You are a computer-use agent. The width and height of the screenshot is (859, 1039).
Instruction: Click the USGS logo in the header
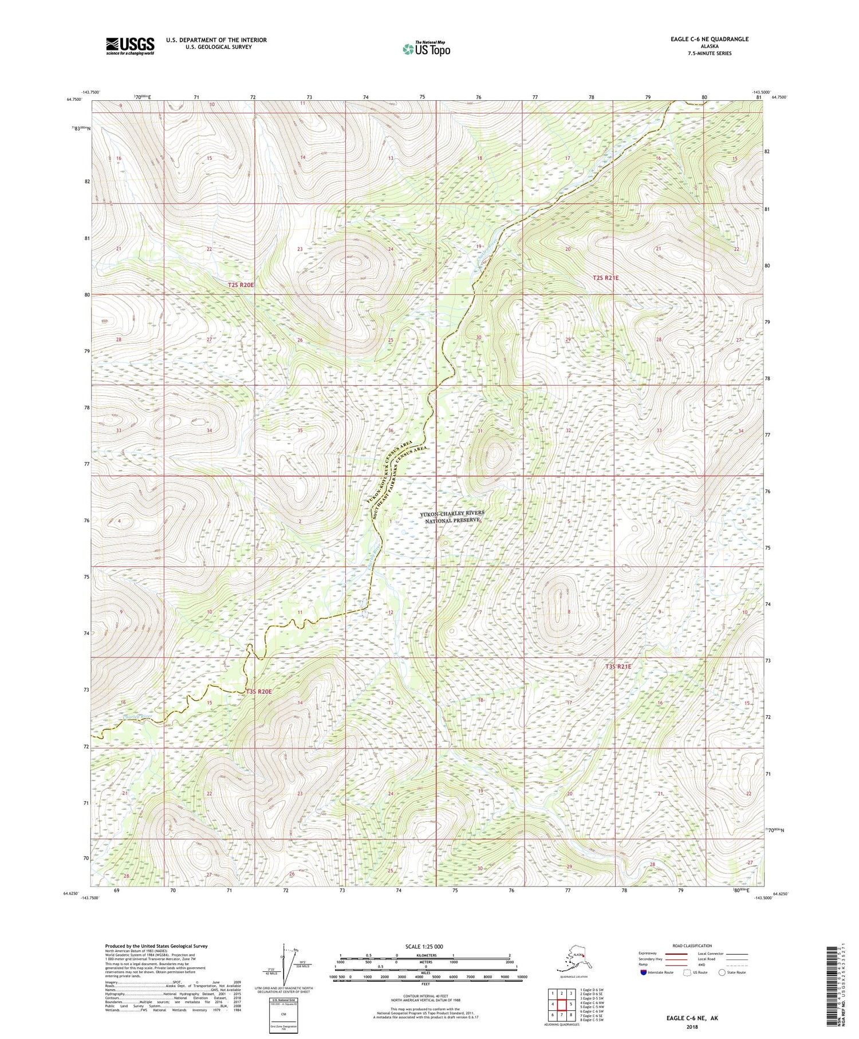click(130, 46)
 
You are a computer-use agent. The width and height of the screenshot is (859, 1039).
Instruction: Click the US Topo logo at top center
click(426, 49)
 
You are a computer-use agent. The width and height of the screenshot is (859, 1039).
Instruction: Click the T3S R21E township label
click(618, 666)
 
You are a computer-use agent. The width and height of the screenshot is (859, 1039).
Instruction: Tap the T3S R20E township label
click(258, 692)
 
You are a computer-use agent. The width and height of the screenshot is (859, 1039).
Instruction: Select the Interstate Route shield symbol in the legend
click(644, 973)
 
